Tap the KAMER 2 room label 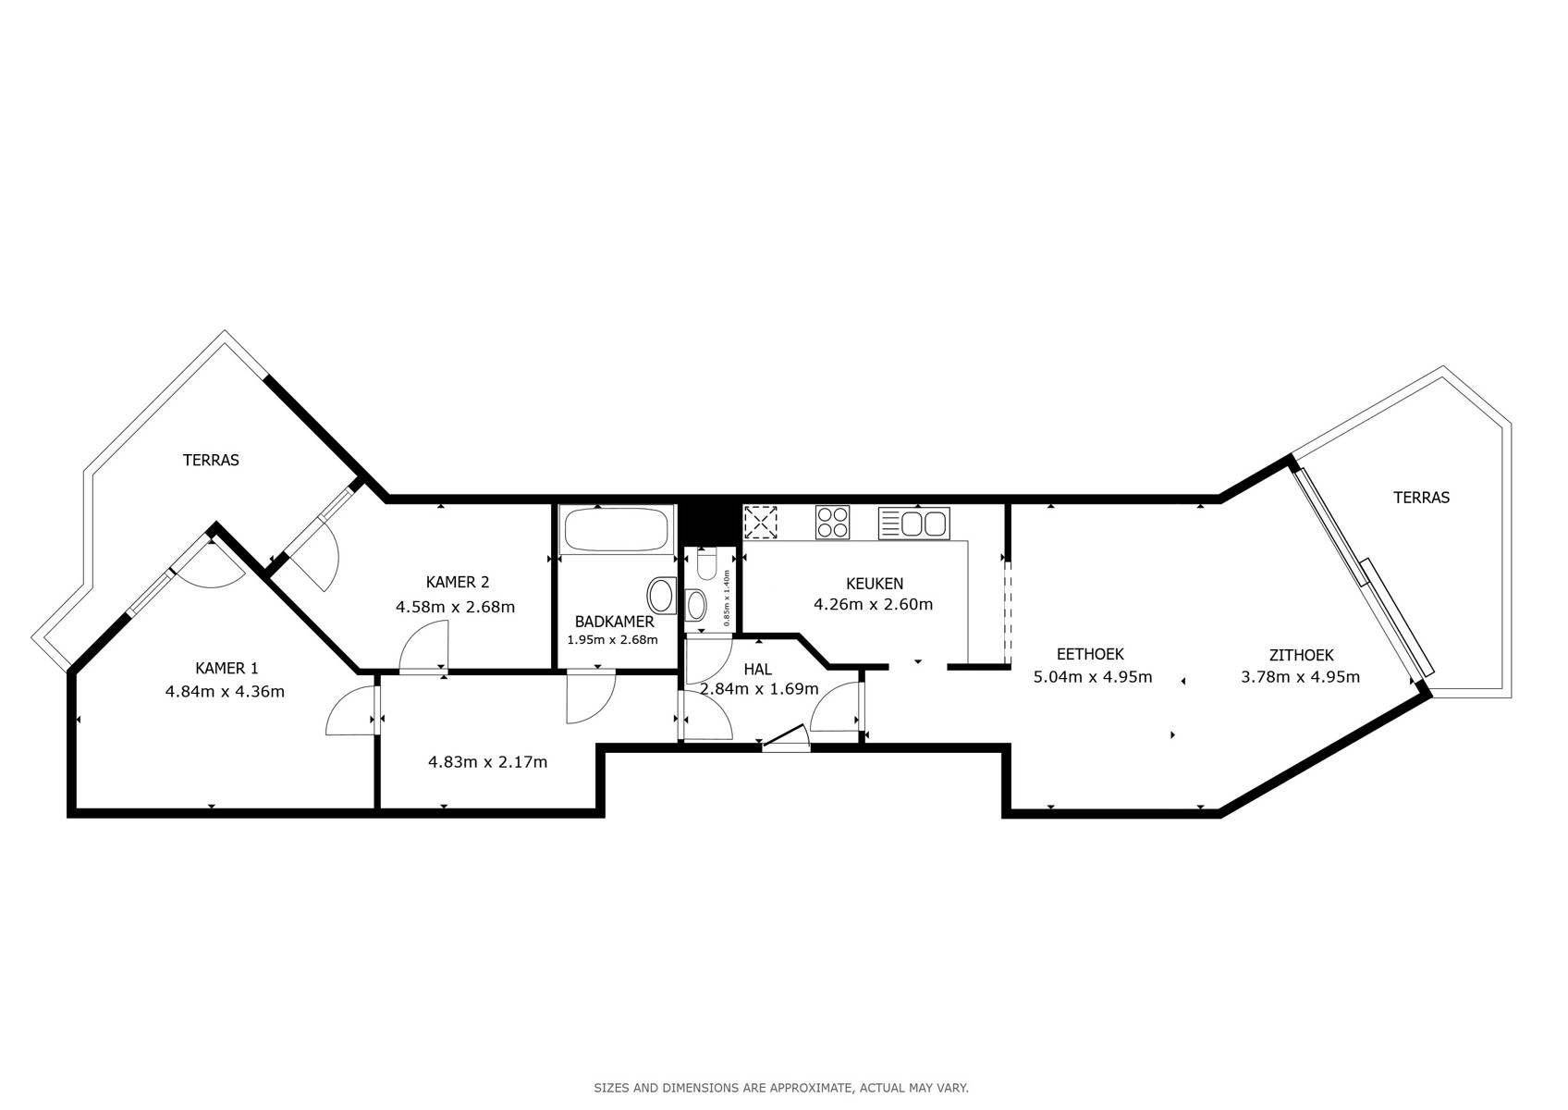457,582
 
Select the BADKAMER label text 614,622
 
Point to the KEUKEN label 875,584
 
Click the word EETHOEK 1090,654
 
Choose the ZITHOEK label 1302,656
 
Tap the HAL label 757,670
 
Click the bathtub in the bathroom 616,529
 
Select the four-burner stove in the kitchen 832,523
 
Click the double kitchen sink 913,524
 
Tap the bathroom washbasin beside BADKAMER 660,596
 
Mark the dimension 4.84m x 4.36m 225,692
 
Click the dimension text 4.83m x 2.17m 487,762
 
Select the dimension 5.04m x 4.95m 1093,677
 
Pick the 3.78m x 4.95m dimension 1301,677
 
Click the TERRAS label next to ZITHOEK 1421,498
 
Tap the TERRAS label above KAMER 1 211,460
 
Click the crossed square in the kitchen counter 760,523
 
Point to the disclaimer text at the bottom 781,1089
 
